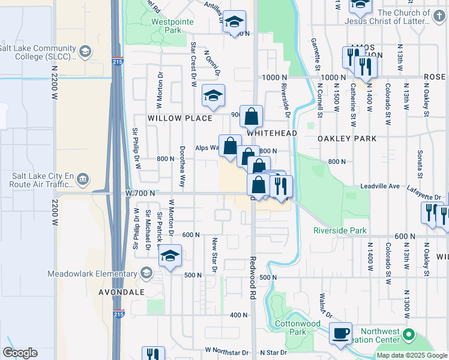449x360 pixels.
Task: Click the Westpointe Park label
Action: tap(166, 25)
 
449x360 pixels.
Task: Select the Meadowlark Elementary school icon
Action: tap(145, 274)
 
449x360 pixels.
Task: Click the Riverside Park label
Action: tap(339, 230)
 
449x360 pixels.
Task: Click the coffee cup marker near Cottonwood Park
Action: tap(342, 332)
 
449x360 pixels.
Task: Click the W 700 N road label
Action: tap(141, 193)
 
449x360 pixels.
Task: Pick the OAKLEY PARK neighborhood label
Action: tap(347, 139)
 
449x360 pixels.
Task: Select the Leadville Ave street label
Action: tap(379, 187)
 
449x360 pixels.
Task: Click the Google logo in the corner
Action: tap(20, 353)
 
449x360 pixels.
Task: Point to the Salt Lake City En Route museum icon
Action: tap(83, 178)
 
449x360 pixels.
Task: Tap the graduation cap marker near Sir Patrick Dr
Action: tap(170, 256)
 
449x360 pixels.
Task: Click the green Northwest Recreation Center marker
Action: tap(409, 334)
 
